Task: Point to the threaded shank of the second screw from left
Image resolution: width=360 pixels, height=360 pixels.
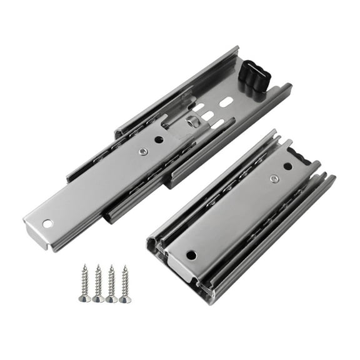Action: point(98,281)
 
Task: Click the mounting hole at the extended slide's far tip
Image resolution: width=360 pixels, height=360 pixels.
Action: point(47,223)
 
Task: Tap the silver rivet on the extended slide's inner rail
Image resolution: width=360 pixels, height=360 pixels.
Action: point(144,151)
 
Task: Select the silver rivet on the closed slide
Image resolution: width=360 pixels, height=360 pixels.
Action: point(274,179)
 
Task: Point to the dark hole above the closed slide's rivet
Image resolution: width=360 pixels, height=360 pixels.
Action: point(287,166)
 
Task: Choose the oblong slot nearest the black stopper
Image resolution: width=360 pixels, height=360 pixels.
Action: point(227,101)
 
